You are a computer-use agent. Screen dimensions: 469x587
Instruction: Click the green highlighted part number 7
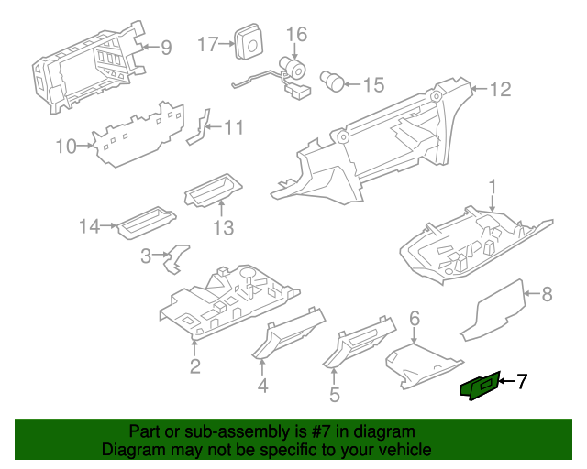point(480,387)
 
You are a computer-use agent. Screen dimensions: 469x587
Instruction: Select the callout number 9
point(165,47)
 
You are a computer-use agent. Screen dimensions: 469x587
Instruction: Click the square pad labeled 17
point(247,41)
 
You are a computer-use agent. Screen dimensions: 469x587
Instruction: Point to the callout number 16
point(295,35)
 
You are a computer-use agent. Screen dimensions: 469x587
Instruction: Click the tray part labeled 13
point(211,191)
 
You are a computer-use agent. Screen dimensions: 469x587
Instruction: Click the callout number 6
point(415,319)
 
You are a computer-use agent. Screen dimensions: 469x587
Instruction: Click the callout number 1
point(492,188)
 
